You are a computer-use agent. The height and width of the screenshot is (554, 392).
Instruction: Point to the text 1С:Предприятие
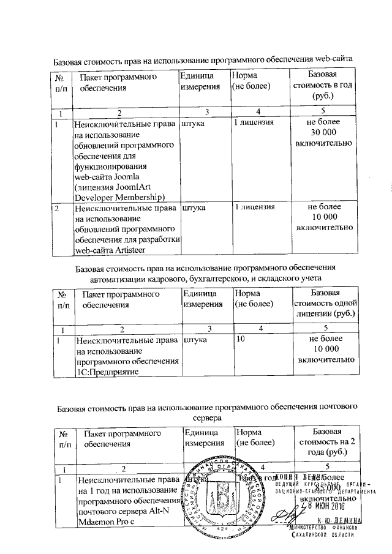tap(107, 372)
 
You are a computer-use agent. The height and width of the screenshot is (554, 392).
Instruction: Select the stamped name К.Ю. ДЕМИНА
tap(339, 520)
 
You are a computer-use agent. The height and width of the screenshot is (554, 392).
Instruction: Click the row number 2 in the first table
tap(56, 208)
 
